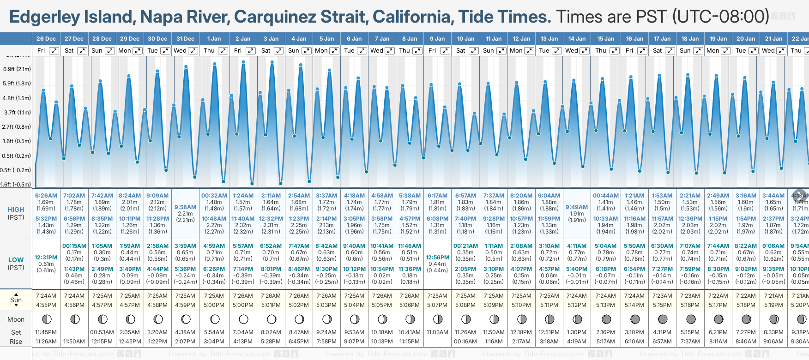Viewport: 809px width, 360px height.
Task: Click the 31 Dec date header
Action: (x=185, y=39)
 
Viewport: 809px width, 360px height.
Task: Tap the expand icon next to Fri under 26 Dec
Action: (x=54, y=51)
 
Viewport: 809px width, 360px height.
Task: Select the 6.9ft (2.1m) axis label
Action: (x=17, y=69)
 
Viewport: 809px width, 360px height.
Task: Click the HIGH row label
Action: (x=16, y=210)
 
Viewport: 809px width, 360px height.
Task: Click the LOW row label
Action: (x=16, y=260)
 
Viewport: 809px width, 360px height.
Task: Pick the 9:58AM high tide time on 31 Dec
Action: (x=185, y=207)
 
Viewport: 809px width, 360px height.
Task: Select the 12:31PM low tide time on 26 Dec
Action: (x=46, y=258)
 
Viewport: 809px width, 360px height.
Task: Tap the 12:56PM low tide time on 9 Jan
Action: (x=437, y=258)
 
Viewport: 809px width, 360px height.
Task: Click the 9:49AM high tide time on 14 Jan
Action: (x=577, y=207)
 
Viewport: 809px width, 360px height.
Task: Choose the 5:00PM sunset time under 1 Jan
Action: (x=214, y=305)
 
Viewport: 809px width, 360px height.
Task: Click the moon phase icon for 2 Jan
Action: (x=243, y=319)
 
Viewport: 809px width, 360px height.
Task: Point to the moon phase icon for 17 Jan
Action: (x=663, y=319)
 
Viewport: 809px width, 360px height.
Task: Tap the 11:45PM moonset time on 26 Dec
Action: (x=46, y=332)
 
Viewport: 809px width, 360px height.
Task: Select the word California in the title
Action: (x=411, y=17)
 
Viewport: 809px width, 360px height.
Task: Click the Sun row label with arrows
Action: (x=16, y=300)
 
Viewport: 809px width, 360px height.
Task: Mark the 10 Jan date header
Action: (x=465, y=39)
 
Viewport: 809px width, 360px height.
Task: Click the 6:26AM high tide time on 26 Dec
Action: (x=46, y=196)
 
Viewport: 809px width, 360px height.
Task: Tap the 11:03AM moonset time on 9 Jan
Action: (x=437, y=332)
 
